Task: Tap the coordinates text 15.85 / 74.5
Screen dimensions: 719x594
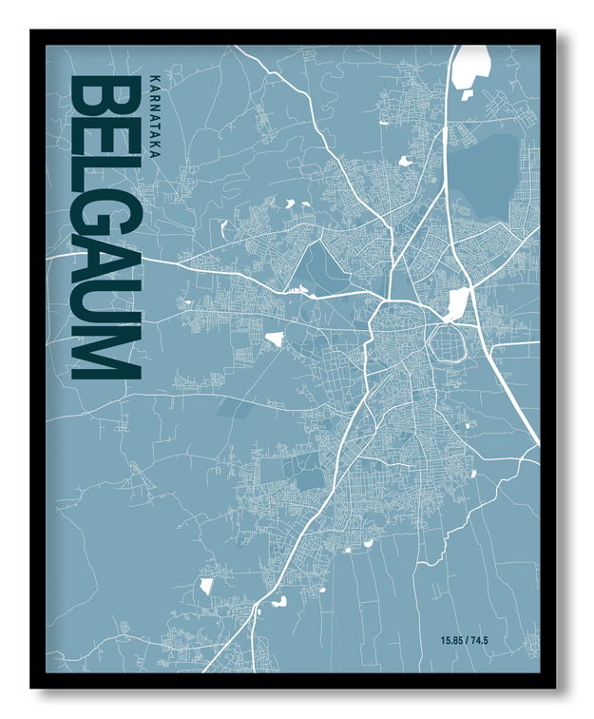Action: click(x=464, y=640)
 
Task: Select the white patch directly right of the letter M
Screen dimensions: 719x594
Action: click(x=275, y=339)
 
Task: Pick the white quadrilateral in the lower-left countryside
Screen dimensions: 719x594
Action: click(x=205, y=586)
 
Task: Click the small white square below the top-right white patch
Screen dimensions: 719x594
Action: click(x=467, y=94)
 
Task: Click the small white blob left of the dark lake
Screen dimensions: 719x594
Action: click(x=405, y=162)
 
